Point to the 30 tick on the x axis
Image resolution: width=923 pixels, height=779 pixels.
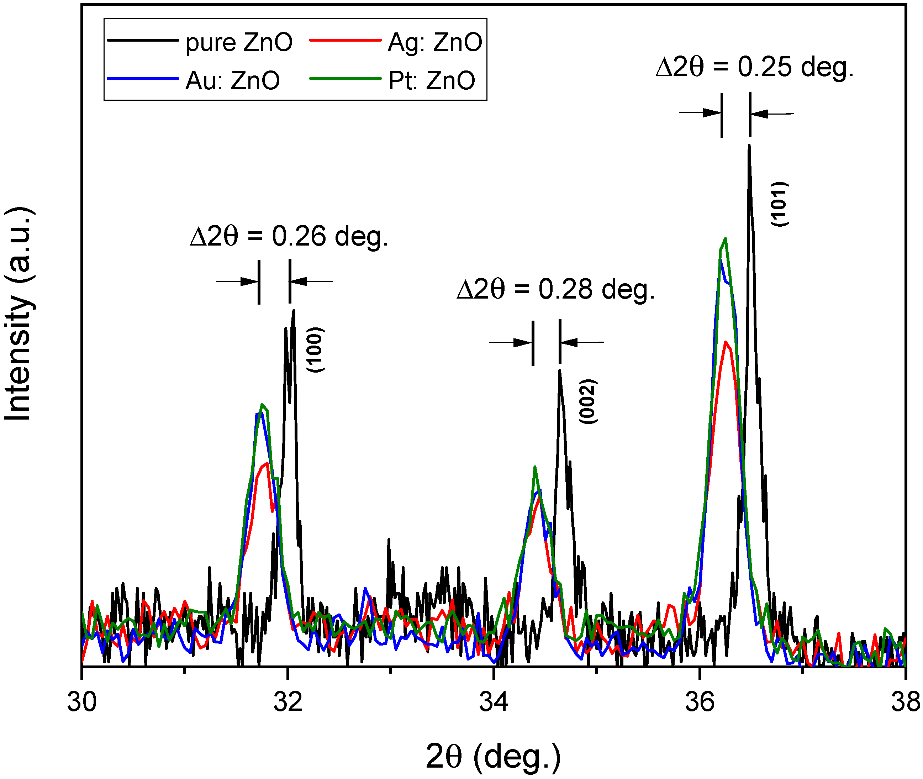[x=82, y=702]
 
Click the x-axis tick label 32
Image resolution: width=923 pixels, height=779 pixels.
[x=288, y=702]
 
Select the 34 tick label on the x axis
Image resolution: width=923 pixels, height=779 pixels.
[x=494, y=702]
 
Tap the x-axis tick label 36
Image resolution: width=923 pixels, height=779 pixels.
[x=700, y=702]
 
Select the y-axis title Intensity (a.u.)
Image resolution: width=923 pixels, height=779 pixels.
[x=18, y=313]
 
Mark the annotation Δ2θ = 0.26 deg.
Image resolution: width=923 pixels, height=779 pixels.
[x=289, y=236]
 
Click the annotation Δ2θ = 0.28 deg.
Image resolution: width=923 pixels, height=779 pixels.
[x=555, y=290]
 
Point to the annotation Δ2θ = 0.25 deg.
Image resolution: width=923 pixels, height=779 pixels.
[x=755, y=68]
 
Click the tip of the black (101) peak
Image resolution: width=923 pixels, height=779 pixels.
[x=749, y=146]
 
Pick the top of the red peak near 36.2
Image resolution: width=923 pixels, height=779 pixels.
[x=726, y=342]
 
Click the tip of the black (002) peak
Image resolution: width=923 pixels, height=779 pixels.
[x=560, y=371]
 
